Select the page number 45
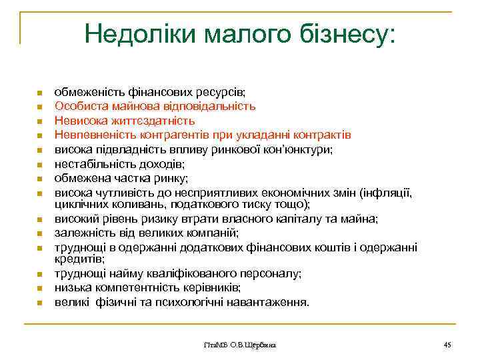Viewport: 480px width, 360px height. coord(447,344)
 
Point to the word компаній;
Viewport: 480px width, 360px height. coord(210,233)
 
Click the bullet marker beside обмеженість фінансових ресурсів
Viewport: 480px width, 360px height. coord(40,92)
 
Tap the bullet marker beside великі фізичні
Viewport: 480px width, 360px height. coord(40,303)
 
